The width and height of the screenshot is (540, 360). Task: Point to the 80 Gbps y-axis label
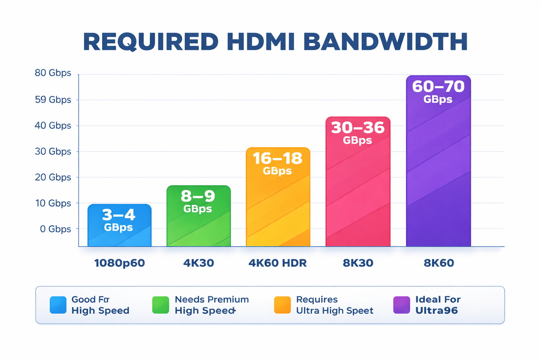pyautogui.click(x=53, y=73)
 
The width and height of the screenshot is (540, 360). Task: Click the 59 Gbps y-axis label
pyautogui.click(x=53, y=99)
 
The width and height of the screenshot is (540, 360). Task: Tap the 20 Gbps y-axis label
pyautogui.click(x=53, y=177)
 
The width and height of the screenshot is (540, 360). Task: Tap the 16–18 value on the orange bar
pyautogui.click(x=278, y=158)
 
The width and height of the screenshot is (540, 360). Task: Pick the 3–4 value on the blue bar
pyautogui.click(x=119, y=214)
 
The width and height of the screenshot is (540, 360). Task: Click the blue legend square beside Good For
pyautogui.click(x=58, y=305)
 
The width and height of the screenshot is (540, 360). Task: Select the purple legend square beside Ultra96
pyautogui.click(x=401, y=305)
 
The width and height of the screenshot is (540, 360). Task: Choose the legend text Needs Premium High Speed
pyautogui.click(x=211, y=305)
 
